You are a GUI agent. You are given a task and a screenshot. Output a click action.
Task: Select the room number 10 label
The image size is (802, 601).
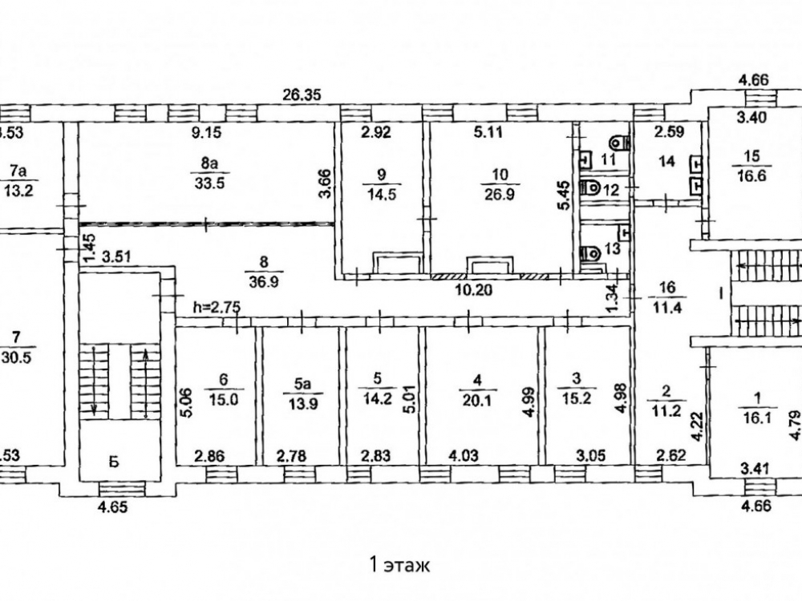pos(500,174)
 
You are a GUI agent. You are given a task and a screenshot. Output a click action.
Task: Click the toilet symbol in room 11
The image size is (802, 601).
pos(618,143)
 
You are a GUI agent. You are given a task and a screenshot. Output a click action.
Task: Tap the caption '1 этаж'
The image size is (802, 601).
pos(399,565)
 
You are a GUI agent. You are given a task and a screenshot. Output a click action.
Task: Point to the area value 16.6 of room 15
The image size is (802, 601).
pos(751,175)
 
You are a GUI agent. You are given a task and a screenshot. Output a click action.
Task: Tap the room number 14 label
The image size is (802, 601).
pos(666,161)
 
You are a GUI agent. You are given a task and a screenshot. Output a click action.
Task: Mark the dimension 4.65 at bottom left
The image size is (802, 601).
pos(111,507)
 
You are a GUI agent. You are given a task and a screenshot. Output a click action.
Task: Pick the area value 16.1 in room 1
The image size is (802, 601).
pos(753,417)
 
